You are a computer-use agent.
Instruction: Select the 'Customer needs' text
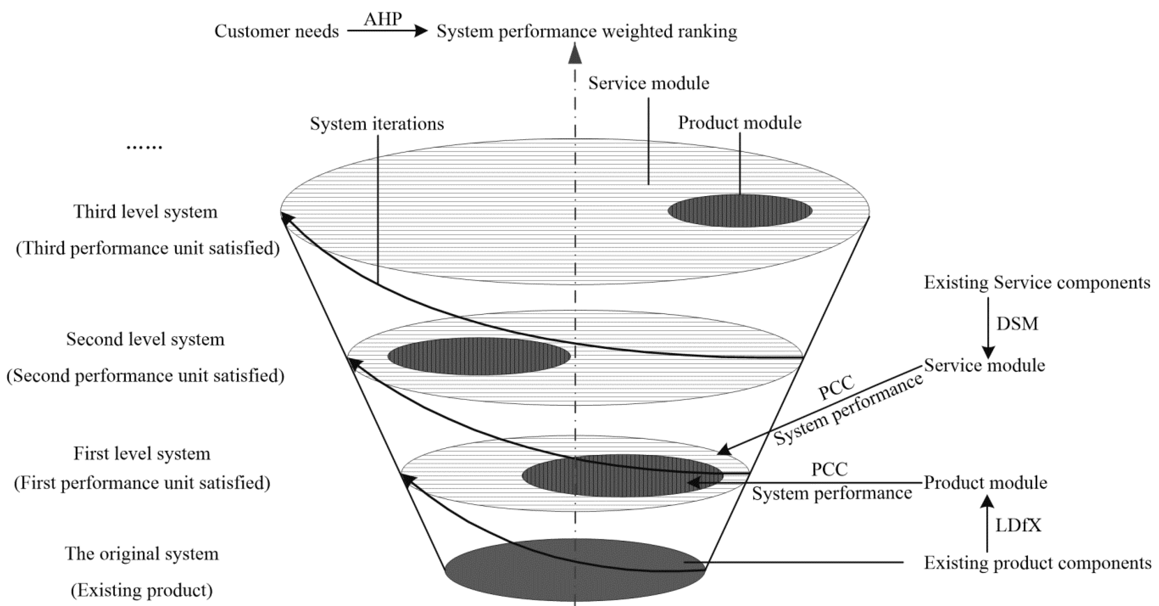click(276, 31)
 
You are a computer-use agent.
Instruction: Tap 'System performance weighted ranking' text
click(587, 31)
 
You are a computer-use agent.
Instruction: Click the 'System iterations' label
click(377, 123)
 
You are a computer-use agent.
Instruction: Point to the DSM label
click(1017, 324)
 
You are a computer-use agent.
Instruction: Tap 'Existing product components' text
click(1037, 563)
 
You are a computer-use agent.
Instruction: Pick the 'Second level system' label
click(145, 339)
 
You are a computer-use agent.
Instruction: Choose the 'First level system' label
click(142, 453)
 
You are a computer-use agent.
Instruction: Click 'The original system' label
click(142, 553)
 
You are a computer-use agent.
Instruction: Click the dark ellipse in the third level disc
click(740, 210)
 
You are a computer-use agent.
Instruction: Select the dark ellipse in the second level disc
click(479, 356)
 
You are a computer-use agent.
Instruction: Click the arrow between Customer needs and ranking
click(387, 31)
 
